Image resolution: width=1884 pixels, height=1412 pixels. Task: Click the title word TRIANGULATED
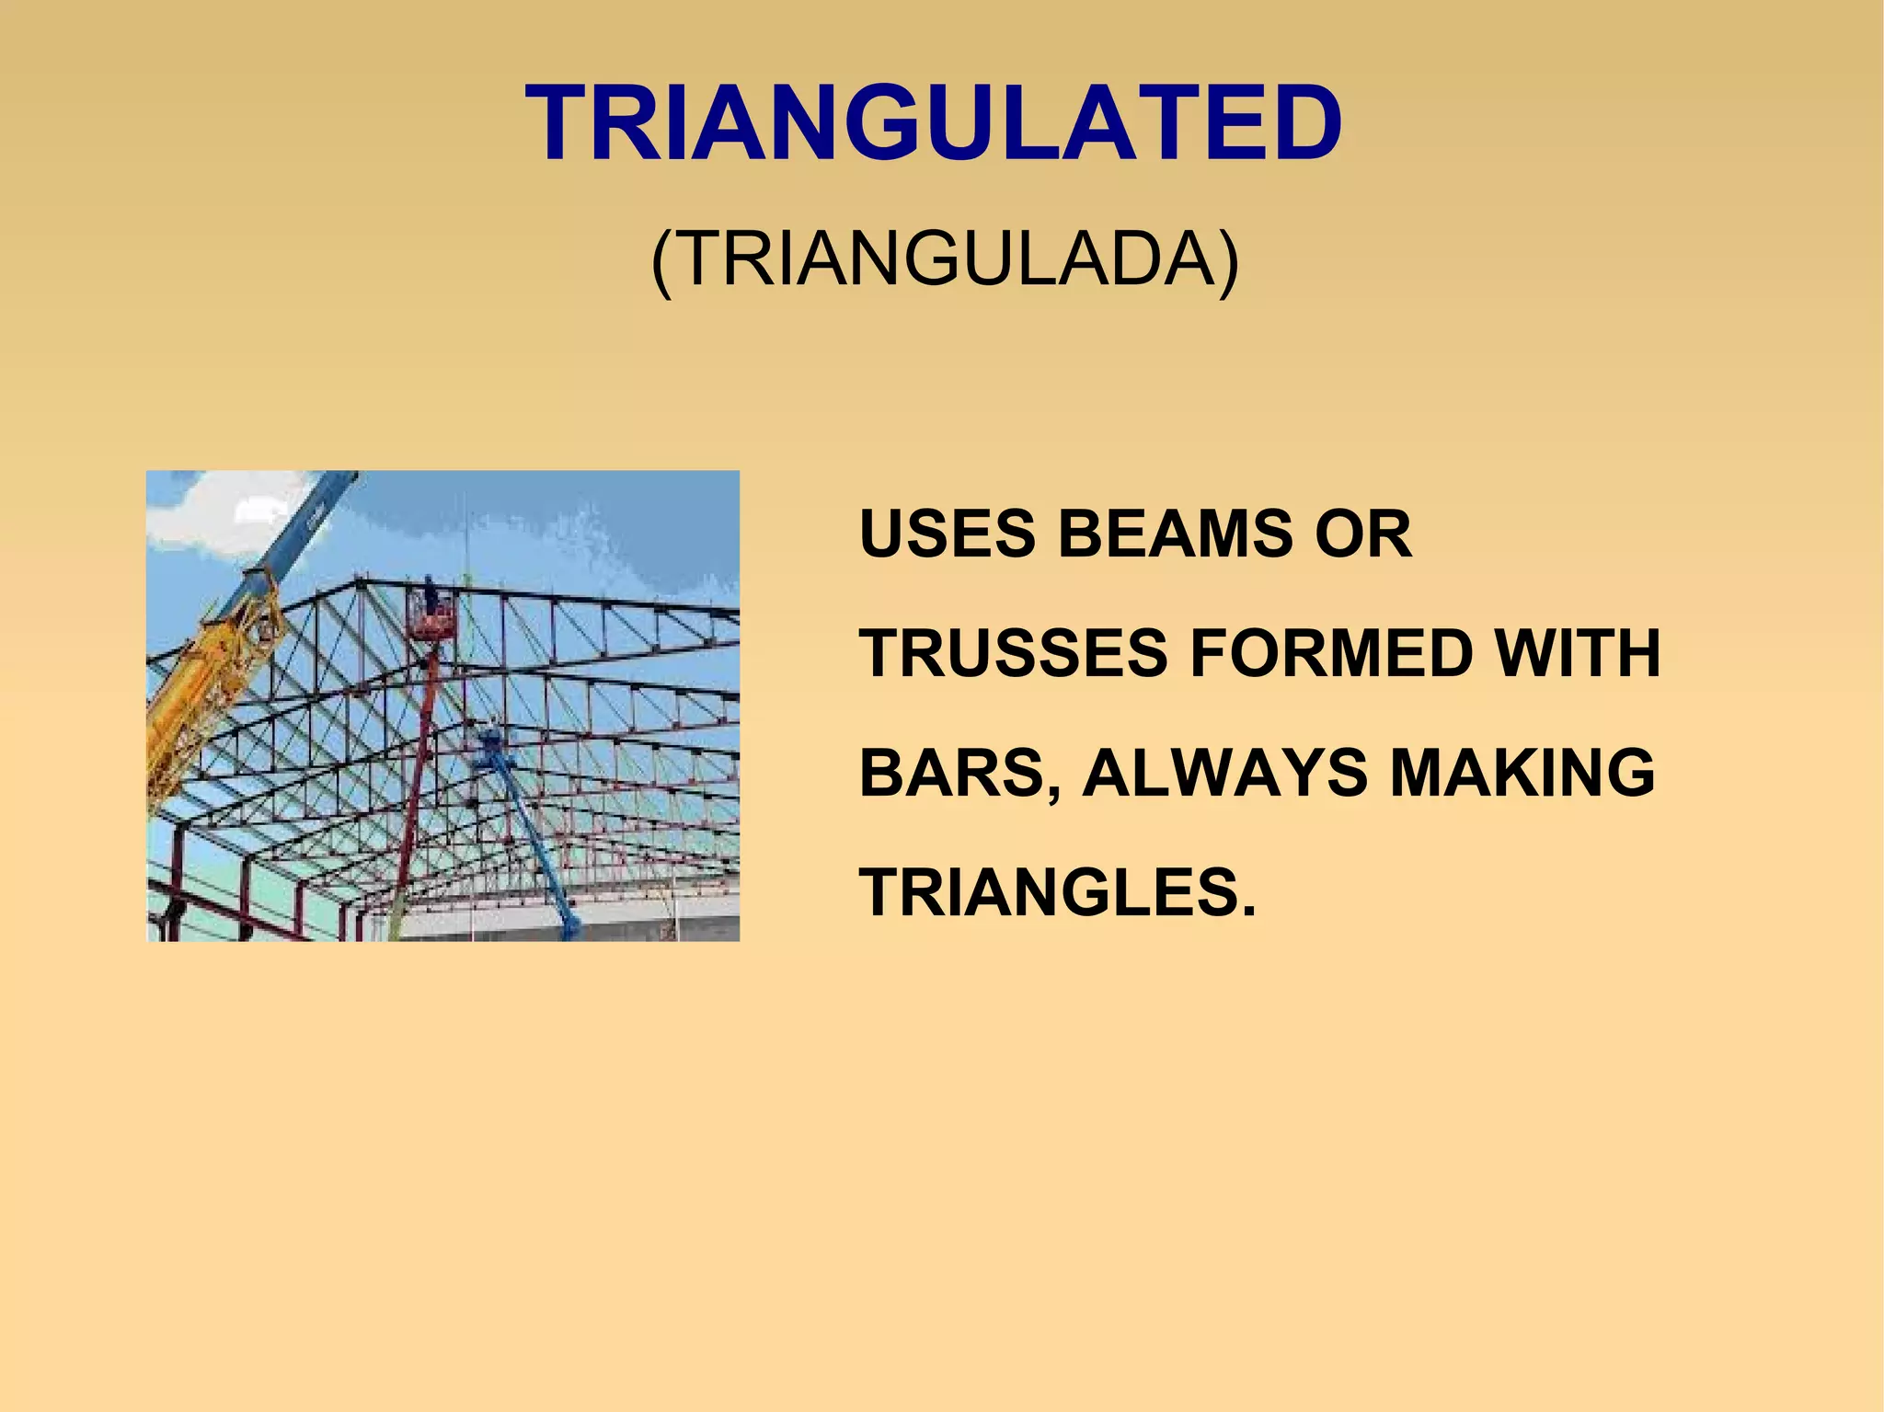pyautogui.click(x=934, y=123)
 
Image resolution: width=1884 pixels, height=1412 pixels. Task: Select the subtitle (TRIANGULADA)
pyautogui.click(x=945, y=260)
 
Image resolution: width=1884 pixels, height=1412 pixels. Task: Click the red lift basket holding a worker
pyautogui.click(x=432, y=623)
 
